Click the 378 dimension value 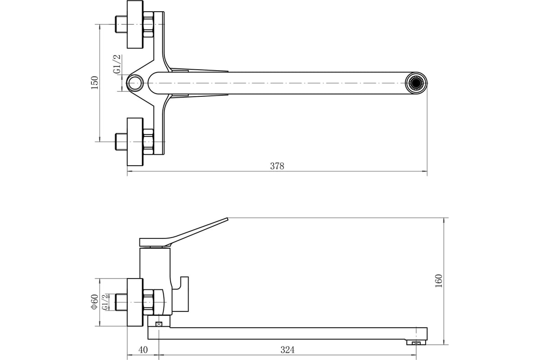coord(277,166)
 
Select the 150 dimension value coord(94,83)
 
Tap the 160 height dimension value coord(439,281)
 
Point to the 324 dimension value coord(288,350)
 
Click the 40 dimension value coord(143,350)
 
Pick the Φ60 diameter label coord(94,301)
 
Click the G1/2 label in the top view coord(117,64)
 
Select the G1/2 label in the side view coord(105,301)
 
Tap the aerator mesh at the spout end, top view coord(416,83)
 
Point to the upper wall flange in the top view coord(135,24)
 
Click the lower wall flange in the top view coord(135,141)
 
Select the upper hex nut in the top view coord(148,24)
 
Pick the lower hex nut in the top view coord(148,141)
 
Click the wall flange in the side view coord(135,301)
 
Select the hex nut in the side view coord(149,301)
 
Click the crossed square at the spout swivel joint coord(158,324)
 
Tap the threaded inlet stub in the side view coord(121,301)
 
